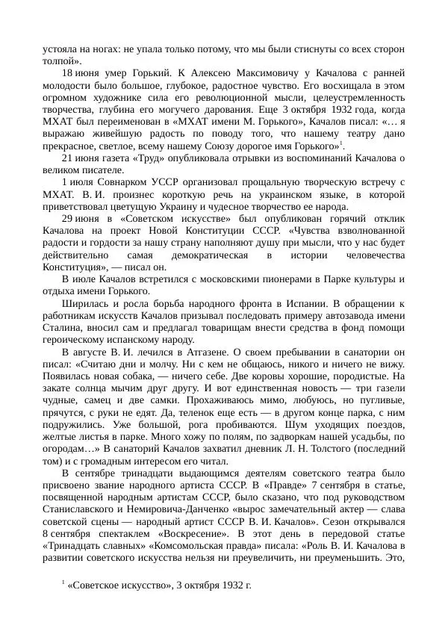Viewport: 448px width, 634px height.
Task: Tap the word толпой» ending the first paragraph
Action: click(60, 60)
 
